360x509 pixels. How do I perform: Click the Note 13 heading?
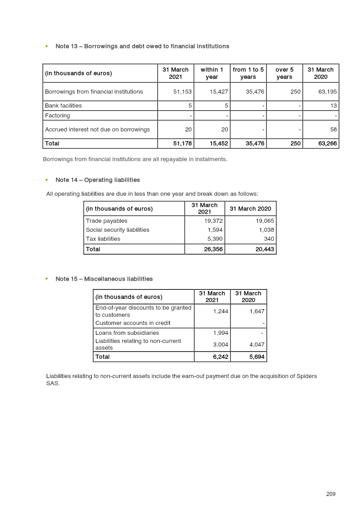tap(142, 46)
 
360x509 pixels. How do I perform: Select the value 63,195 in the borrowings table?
tap(328, 92)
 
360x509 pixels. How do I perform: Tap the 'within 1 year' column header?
tap(212, 73)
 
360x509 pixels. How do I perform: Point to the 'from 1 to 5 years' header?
tap(248, 73)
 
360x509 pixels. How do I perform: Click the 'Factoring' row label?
tap(58, 116)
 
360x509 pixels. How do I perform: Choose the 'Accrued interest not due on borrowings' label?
tap(97, 130)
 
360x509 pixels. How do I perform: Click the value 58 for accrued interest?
tap(333, 130)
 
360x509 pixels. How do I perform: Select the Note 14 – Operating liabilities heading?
tap(98, 180)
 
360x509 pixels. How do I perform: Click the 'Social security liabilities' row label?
tap(117, 230)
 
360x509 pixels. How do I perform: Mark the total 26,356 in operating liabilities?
tap(213, 249)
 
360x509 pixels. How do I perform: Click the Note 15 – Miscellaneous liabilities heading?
tap(104, 279)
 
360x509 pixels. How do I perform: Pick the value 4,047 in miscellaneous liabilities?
tap(256, 345)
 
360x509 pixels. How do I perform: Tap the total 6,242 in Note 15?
tap(220, 357)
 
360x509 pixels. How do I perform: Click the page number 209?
tap(331, 494)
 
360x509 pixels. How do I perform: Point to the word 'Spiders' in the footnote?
tap(306, 376)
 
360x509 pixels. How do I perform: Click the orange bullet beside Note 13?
tap(46, 46)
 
